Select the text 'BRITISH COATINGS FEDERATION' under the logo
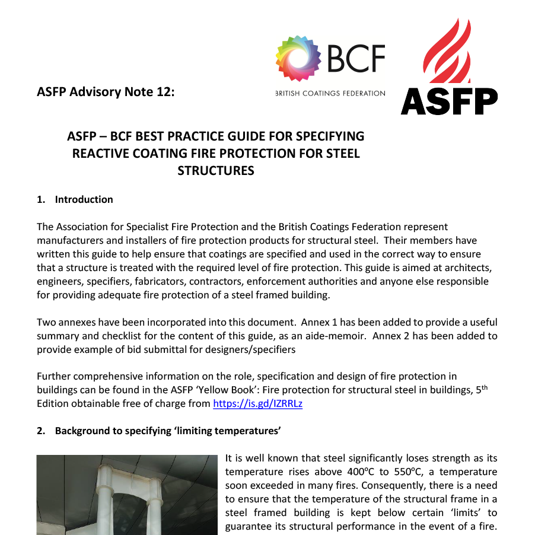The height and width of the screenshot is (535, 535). [330, 93]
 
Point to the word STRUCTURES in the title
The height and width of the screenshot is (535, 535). [216, 171]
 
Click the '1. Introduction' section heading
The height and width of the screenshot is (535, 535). [75, 199]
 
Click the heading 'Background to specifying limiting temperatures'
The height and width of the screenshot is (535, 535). [167, 431]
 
